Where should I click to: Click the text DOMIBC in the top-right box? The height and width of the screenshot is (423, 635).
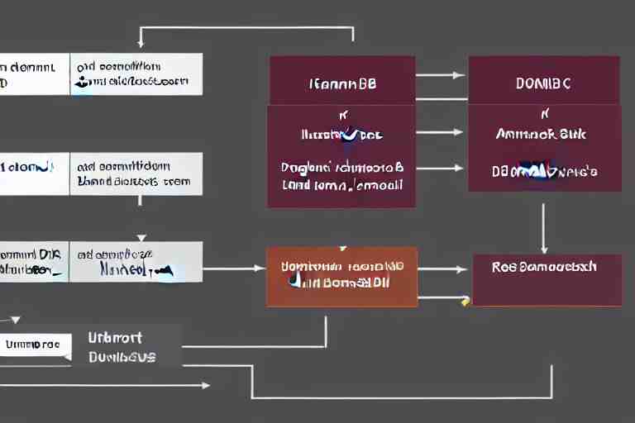click(544, 83)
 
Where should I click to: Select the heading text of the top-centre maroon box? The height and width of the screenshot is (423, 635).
click(342, 83)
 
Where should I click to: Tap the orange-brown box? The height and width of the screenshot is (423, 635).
click(341, 276)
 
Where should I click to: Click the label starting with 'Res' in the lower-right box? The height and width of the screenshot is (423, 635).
click(544, 267)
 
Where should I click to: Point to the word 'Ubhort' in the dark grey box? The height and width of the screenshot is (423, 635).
click(114, 337)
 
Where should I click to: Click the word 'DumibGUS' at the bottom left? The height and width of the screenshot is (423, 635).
click(122, 357)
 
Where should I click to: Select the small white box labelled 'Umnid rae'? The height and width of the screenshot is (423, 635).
click(33, 343)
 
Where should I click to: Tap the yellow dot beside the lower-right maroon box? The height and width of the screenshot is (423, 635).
click(466, 302)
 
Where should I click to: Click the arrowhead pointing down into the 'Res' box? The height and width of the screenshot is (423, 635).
click(543, 249)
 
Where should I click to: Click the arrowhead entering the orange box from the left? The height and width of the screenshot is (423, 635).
click(260, 269)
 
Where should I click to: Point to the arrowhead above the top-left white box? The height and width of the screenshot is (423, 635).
click(141, 43)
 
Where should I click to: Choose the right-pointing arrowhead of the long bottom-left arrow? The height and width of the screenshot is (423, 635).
click(204, 385)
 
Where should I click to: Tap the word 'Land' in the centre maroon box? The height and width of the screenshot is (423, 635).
click(295, 185)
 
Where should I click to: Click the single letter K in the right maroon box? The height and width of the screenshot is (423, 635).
click(544, 113)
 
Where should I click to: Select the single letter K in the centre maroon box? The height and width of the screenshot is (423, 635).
click(341, 115)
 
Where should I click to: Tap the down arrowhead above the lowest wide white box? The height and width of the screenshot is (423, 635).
click(141, 236)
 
